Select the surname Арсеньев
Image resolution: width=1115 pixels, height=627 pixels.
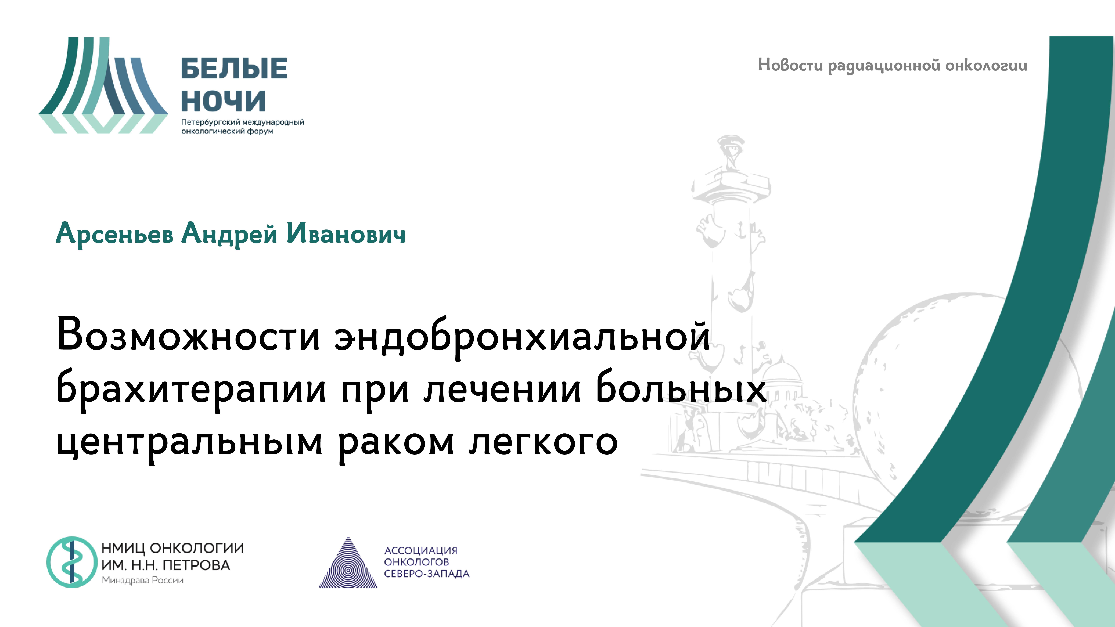pyautogui.click(x=115, y=234)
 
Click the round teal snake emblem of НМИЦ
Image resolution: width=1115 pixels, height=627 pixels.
pyautogui.click(x=72, y=562)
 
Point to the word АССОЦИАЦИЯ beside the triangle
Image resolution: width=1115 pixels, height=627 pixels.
pyautogui.click(x=421, y=550)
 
